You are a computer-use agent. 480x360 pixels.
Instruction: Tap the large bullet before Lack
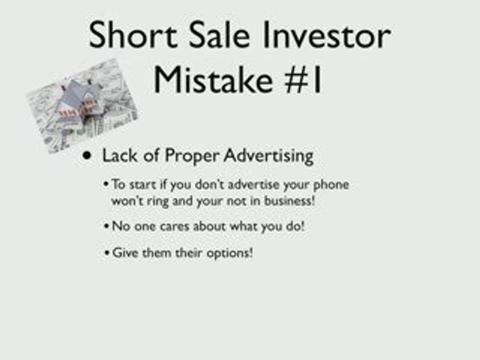pos(88,155)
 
